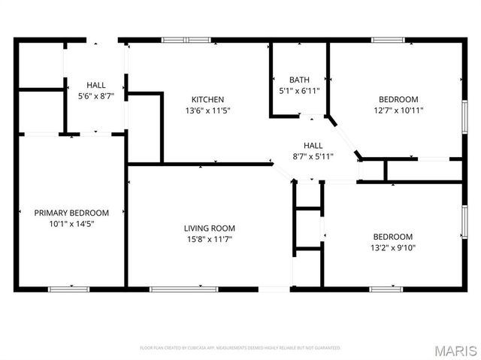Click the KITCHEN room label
tap(207, 100)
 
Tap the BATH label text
tap(299, 80)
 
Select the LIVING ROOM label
tap(210, 228)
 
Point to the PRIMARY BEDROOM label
tap(71, 213)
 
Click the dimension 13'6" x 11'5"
tap(207, 110)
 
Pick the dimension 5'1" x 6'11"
tap(299, 90)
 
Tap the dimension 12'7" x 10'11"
tap(398, 110)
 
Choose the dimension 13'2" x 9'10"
tap(392, 247)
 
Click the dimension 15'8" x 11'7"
tap(210, 239)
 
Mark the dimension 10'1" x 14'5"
tap(71, 223)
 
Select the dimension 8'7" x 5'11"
tap(313, 156)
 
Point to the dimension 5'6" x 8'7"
tap(96, 96)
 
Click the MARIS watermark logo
tap(455, 349)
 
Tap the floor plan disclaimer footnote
tap(240, 348)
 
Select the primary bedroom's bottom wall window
tap(71, 289)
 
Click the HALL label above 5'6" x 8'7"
tap(96, 86)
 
